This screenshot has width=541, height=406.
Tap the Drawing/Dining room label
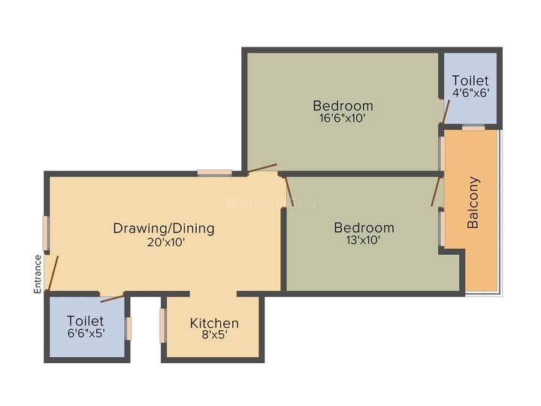(164, 228)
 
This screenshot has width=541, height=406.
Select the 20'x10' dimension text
(164, 242)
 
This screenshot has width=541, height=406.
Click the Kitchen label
(214, 323)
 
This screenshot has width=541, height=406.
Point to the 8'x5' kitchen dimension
(214, 336)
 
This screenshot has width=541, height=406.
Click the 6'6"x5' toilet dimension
(85, 334)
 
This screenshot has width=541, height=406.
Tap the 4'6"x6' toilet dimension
(470, 94)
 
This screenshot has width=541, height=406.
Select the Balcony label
(473, 202)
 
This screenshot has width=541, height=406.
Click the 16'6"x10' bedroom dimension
(343, 118)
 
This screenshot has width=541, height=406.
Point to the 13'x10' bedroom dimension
(364, 241)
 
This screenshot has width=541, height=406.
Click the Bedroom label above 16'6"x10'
(343, 105)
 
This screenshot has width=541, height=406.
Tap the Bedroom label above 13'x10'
(364, 227)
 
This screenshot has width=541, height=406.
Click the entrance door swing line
(51, 273)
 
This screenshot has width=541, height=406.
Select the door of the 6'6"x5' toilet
(112, 298)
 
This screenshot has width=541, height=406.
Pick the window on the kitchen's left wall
(162, 325)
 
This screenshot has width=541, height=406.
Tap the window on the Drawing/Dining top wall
(214, 172)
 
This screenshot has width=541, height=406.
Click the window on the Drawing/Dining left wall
(46, 233)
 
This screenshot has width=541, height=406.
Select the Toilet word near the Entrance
(85, 320)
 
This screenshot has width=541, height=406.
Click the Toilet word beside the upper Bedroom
(470, 80)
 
